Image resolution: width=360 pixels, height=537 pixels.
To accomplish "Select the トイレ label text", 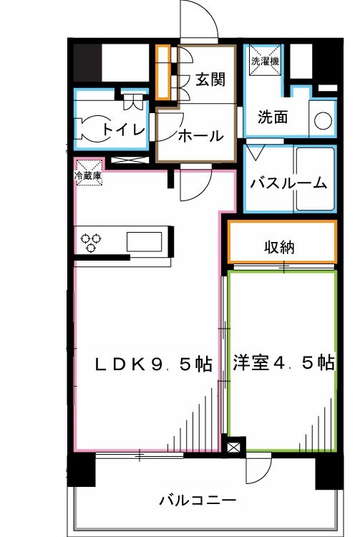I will (x=125, y=130).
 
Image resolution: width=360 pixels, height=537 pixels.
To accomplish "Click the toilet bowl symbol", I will (x=91, y=129).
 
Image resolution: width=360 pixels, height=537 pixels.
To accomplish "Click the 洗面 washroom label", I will (x=273, y=117).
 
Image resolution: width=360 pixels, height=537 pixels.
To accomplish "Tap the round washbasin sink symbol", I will (x=323, y=120).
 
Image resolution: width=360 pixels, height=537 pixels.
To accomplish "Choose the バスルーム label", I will (x=288, y=183).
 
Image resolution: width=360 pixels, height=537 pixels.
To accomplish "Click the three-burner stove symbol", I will (x=91, y=242).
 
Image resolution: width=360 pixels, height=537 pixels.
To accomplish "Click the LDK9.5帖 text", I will (x=154, y=364).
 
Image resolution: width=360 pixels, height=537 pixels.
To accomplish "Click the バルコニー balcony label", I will (x=198, y=500).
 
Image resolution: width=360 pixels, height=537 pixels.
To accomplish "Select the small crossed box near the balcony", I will (x=233, y=447).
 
